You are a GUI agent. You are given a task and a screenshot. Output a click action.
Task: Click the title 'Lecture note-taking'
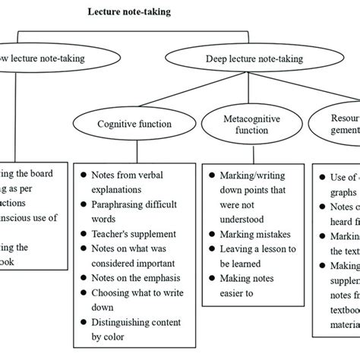(128, 12)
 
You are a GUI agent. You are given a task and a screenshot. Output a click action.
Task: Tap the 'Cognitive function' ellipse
(135, 125)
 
